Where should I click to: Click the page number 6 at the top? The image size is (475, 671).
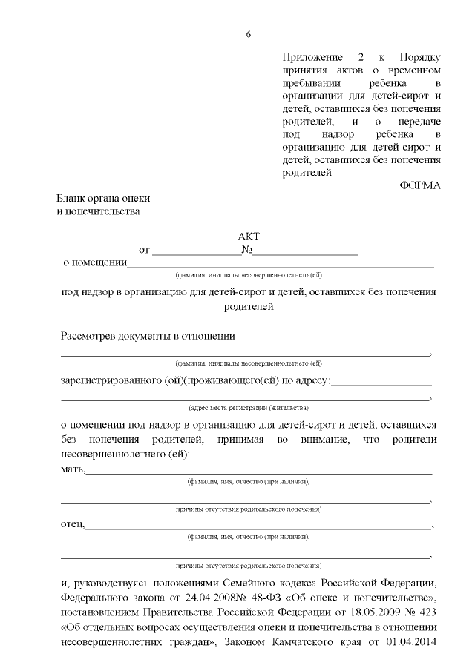tap(249, 34)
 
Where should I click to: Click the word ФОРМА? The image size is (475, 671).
tap(420, 185)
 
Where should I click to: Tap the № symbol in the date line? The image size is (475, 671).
tap(247, 251)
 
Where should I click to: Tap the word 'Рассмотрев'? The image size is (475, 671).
tap(88, 336)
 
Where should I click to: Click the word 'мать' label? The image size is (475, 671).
tap(72, 469)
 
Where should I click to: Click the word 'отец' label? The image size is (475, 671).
tap(72, 526)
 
